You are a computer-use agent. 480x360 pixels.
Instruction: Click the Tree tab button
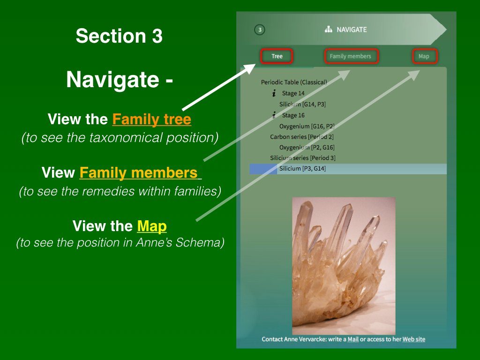click(x=277, y=56)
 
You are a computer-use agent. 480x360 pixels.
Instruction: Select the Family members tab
click(x=351, y=56)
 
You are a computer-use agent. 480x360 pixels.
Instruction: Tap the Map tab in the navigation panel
click(x=424, y=56)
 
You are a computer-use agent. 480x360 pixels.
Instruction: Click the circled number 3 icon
click(x=260, y=30)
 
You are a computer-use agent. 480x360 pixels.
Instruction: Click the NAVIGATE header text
click(x=352, y=30)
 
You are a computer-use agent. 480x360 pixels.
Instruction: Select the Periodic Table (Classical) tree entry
click(x=294, y=82)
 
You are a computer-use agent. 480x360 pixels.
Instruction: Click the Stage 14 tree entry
click(x=293, y=93)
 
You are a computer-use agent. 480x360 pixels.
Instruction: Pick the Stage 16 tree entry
click(x=293, y=115)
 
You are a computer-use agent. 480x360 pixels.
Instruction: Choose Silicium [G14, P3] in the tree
click(x=302, y=104)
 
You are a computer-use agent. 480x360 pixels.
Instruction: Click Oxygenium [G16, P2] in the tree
click(x=307, y=126)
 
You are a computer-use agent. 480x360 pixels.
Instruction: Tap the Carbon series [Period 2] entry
click(x=302, y=136)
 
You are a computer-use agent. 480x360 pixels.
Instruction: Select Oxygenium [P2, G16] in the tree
click(x=307, y=147)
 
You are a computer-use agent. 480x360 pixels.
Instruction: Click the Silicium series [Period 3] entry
click(x=303, y=158)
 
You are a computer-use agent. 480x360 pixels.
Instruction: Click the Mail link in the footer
click(x=353, y=339)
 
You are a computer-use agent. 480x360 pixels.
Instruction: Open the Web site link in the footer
click(x=413, y=339)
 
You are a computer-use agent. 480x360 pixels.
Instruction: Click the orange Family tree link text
click(x=152, y=119)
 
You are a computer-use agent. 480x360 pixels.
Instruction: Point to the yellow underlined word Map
click(x=152, y=226)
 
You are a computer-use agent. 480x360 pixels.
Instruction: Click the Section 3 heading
click(x=119, y=36)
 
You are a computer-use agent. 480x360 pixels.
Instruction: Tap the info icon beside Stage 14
click(x=274, y=93)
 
